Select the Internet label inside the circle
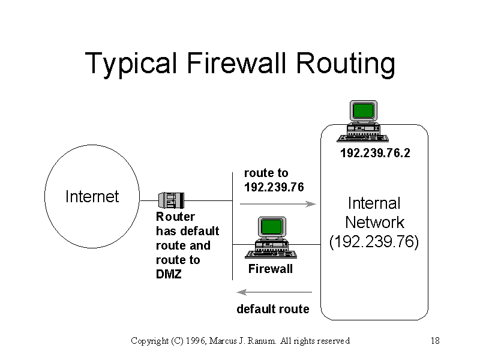pos(92,197)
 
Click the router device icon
pos(171,200)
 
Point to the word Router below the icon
pos(175,217)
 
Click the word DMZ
pos(169,274)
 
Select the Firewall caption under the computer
pos(271,269)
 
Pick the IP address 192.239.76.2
pos(375,153)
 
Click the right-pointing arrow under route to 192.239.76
pos(278,204)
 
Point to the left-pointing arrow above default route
pos(274,292)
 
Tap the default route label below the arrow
pos(273,309)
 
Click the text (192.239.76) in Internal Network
pos(374,242)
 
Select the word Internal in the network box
pos(374,203)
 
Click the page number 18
pos(436,341)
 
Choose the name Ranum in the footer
pos(261,341)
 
